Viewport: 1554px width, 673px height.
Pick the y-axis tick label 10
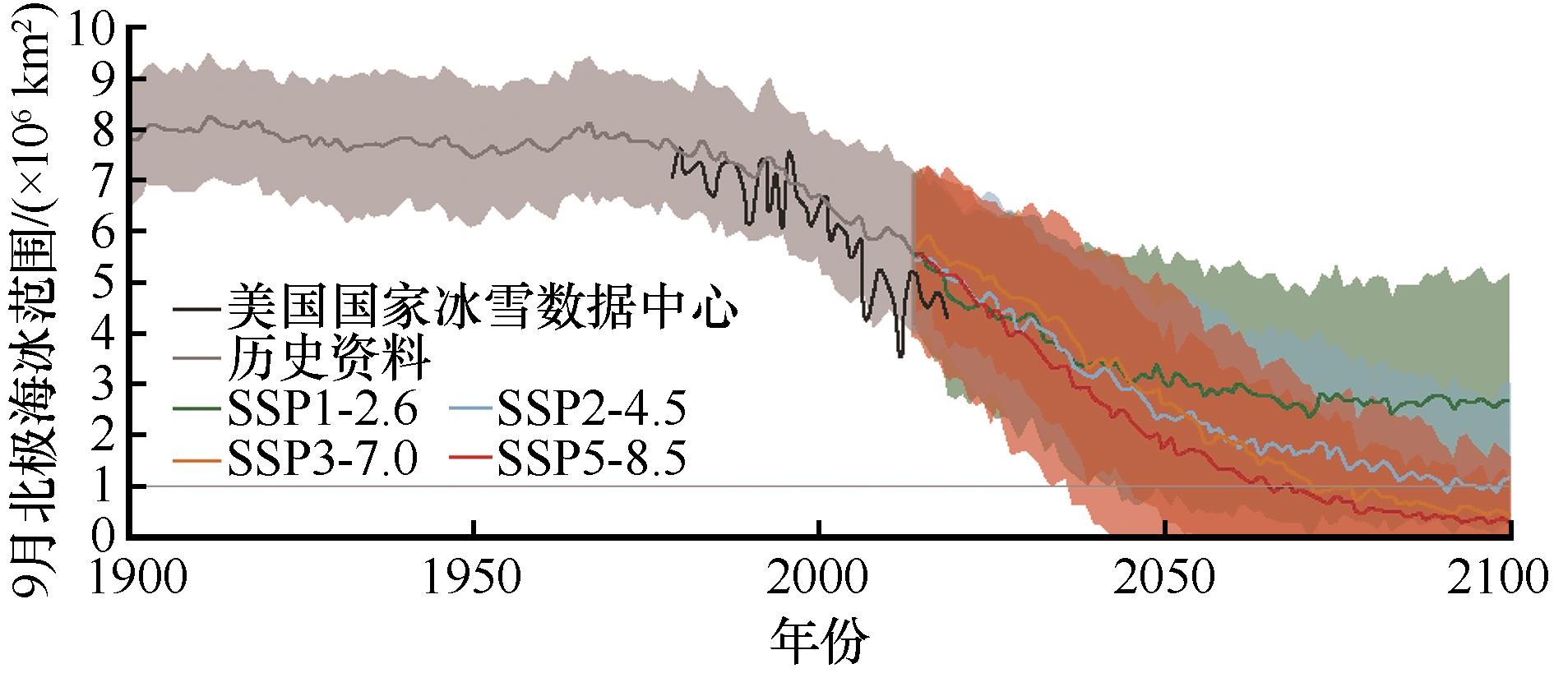pos(91,29)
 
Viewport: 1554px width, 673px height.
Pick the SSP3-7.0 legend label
pos(325,460)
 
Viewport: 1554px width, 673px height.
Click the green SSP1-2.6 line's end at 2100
pos(1509,400)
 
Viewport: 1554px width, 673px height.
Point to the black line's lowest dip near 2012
pos(900,356)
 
